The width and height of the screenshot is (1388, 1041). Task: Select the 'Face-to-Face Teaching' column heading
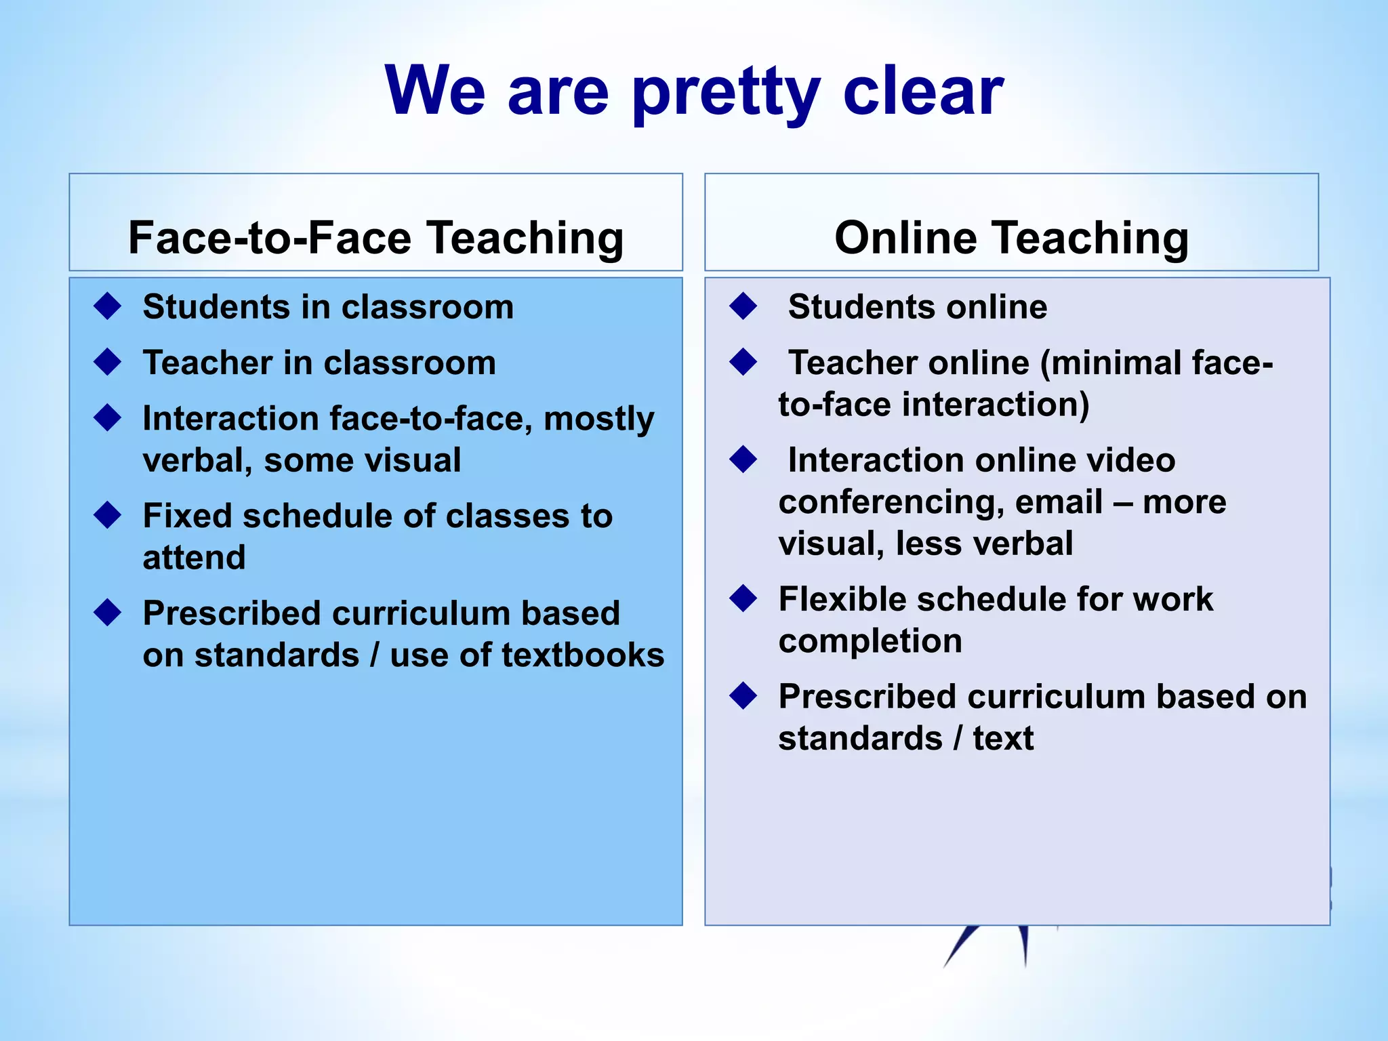[x=375, y=238]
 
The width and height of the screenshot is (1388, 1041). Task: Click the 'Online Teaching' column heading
[x=1011, y=238]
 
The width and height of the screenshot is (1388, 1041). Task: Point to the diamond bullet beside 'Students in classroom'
[x=108, y=306]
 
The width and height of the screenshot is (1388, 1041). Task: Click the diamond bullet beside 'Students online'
[x=743, y=306]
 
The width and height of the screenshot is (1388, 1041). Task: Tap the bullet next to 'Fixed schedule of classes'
[x=108, y=515]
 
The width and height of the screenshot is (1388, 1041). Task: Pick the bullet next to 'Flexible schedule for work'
[x=743, y=598]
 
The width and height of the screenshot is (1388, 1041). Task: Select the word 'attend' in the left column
[x=194, y=558]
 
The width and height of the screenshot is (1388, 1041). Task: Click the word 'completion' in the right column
[x=870, y=640]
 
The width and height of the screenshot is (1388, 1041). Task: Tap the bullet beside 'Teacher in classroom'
[x=108, y=362]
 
